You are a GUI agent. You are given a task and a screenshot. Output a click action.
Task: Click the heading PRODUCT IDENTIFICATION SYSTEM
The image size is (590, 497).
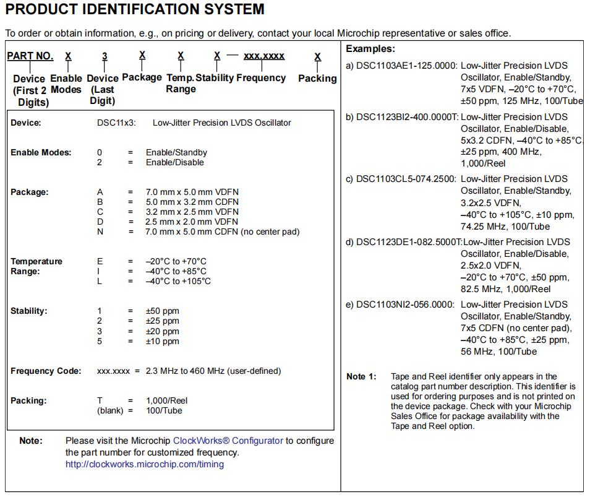pyautogui.click(x=135, y=10)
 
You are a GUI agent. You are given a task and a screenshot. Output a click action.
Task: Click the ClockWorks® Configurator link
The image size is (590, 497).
pyautogui.click(x=228, y=441)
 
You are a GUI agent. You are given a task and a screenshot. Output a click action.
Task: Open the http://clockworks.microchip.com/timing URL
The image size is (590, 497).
pyautogui.click(x=145, y=464)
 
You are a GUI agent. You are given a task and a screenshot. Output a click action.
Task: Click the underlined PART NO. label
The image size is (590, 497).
pyautogui.click(x=30, y=56)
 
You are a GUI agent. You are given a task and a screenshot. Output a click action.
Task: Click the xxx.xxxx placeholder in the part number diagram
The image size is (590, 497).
pyautogui.click(x=264, y=56)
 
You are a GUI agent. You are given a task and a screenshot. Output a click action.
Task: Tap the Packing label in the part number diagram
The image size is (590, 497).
pyautogui.click(x=317, y=79)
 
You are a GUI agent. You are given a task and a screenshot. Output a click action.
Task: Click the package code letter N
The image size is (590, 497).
pyautogui.click(x=100, y=231)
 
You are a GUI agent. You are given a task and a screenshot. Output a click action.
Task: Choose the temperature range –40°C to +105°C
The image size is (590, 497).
pyautogui.click(x=178, y=281)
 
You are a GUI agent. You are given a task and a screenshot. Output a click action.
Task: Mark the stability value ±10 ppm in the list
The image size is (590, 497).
pyautogui.click(x=163, y=341)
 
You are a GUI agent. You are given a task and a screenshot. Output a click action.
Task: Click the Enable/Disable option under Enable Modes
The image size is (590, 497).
pyautogui.click(x=174, y=162)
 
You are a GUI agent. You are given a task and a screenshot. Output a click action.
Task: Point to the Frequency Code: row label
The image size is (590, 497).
pyautogui.click(x=46, y=371)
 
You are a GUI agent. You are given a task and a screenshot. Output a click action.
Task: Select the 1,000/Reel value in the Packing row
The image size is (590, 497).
pyautogui.click(x=166, y=400)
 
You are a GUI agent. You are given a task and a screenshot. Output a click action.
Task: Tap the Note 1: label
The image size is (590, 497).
pyautogui.click(x=361, y=376)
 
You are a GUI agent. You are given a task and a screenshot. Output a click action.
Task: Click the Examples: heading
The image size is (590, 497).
pyautogui.click(x=370, y=49)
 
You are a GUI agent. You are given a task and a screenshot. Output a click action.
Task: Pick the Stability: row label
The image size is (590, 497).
pyautogui.click(x=29, y=311)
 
